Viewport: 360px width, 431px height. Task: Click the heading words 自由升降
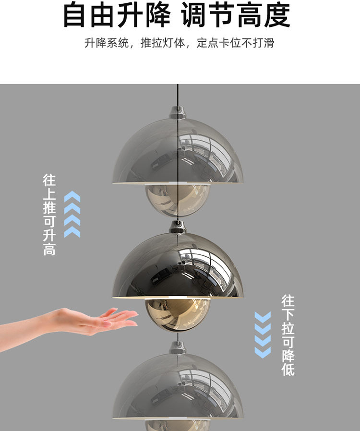(x=117, y=15)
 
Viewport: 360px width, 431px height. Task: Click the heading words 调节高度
(x=236, y=15)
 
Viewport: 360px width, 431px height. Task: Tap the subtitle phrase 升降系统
(x=107, y=43)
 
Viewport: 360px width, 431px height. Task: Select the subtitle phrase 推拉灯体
(x=163, y=43)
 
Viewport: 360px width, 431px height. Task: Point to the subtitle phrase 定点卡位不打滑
(x=236, y=43)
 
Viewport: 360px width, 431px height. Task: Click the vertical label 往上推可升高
(x=49, y=215)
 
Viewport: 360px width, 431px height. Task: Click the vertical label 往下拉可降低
(x=288, y=335)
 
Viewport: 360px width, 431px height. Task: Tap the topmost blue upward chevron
(x=72, y=196)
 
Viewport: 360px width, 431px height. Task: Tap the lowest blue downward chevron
(x=263, y=353)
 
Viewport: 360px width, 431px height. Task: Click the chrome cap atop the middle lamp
(x=178, y=227)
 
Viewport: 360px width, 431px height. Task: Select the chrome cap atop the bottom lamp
(x=178, y=347)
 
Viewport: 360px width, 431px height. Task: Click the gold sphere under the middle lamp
(x=178, y=313)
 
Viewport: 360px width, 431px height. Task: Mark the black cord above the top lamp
(x=178, y=95)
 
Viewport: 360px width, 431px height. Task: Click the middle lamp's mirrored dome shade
(x=178, y=266)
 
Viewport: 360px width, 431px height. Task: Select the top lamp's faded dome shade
(x=178, y=152)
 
